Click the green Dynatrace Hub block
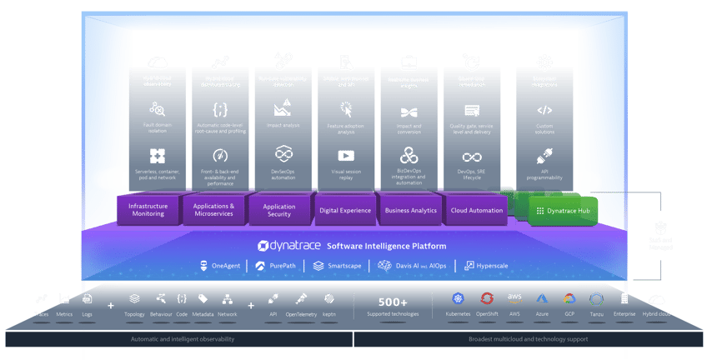[564, 212]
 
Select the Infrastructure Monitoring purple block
[152, 209]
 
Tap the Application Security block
[279, 210]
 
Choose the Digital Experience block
[344, 210]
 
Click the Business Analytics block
[410, 210]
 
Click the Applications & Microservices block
[214, 209]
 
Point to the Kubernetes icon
[457, 298]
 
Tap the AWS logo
[514, 298]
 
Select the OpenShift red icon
[487, 298]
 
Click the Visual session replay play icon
[346, 155]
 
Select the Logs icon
[87, 298]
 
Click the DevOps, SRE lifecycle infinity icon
[473, 157]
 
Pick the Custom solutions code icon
[544, 110]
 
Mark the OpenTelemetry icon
[301, 298]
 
